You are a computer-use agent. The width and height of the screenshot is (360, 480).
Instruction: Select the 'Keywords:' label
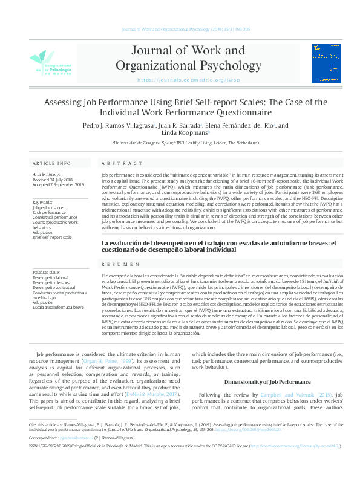pyautogui.click(x=42, y=202)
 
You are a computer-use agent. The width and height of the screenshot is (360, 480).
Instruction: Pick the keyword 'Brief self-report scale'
pyautogui.click(x=52, y=238)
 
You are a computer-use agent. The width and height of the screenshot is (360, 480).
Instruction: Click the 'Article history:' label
pyautogui.click(x=45, y=174)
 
